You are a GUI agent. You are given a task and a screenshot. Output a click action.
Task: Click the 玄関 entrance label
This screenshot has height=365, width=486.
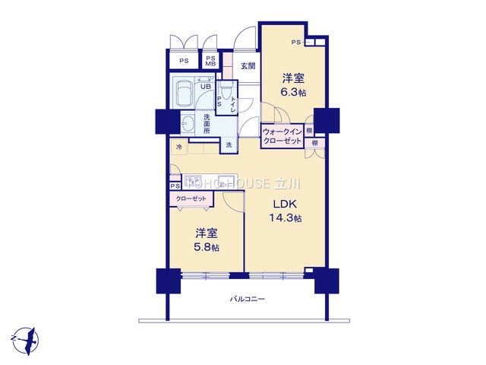tap(248, 66)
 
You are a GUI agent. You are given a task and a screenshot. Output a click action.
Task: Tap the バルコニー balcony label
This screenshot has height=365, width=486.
tap(248, 300)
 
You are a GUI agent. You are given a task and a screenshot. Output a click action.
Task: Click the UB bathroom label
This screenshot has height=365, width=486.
tap(204, 87)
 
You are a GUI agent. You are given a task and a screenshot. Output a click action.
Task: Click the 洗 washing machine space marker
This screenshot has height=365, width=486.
tap(229, 144)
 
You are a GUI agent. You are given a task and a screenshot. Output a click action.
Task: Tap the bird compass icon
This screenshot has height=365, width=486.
tap(25, 336)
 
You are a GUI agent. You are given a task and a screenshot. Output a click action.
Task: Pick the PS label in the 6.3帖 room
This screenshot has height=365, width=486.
tap(296, 43)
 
